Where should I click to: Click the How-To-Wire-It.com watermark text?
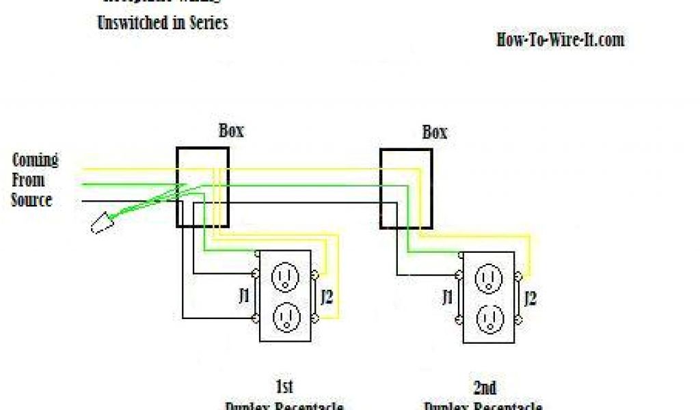click(x=560, y=40)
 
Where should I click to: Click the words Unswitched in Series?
click(x=163, y=23)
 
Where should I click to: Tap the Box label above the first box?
click(x=231, y=131)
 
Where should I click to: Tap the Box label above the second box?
click(x=434, y=132)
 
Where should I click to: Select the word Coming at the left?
click(x=36, y=161)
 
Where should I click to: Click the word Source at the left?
click(x=31, y=200)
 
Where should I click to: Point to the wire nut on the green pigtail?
click(x=101, y=222)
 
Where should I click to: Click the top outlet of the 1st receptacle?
click(x=284, y=277)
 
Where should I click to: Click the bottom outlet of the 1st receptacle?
click(x=284, y=316)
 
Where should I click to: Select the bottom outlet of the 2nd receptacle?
click(x=488, y=316)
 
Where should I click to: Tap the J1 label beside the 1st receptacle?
click(x=243, y=297)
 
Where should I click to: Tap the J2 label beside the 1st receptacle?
click(x=327, y=297)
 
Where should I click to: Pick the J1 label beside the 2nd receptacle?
click(x=447, y=297)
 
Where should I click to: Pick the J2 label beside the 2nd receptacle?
click(x=529, y=297)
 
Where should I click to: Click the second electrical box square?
click(x=406, y=189)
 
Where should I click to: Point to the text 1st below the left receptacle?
click(x=284, y=387)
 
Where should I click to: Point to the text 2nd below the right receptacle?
click(x=485, y=387)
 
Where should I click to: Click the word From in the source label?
click(x=29, y=180)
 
